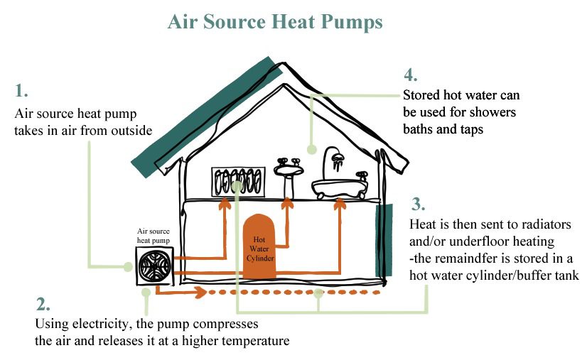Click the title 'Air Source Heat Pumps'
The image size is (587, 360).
point(275,22)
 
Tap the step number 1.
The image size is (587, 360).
point(21,91)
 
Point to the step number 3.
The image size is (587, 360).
point(419,204)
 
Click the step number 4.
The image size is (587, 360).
point(411,76)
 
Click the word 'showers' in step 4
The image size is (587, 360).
point(495,112)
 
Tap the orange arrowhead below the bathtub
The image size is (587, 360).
point(340,204)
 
